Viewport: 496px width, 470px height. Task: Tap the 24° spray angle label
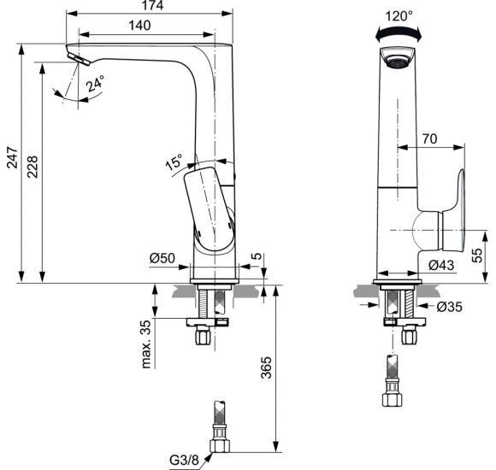click(x=95, y=84)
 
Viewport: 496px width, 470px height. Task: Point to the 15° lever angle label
click(x=174, y=161)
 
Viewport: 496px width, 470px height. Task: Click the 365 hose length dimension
click(x=265, y=367)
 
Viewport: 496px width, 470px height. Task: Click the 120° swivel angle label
click(x=399, y=15)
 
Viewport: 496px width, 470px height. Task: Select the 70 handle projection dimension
click(x=430, y=137)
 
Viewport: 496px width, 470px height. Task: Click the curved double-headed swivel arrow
click(x=399, y=32)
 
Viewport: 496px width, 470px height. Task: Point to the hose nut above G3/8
click(x=220, y=444)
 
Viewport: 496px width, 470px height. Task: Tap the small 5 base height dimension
click(x=257, y=256)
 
